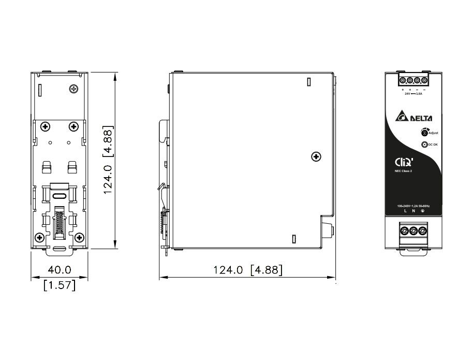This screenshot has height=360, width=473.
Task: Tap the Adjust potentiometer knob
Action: coord(424,133)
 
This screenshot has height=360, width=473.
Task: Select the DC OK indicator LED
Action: coord(424,146)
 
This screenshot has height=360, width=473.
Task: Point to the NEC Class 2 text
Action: coord(404,170)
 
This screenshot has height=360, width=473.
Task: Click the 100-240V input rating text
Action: coord(413,206)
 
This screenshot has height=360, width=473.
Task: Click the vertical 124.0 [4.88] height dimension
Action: coord(108,160)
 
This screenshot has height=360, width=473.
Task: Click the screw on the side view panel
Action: coord(315,156)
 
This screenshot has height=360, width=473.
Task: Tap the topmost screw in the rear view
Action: coord(73,89)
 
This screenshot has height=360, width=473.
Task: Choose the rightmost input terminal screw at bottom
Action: coord(423,231)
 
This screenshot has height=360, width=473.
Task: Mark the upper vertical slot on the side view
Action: coord(308,82)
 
